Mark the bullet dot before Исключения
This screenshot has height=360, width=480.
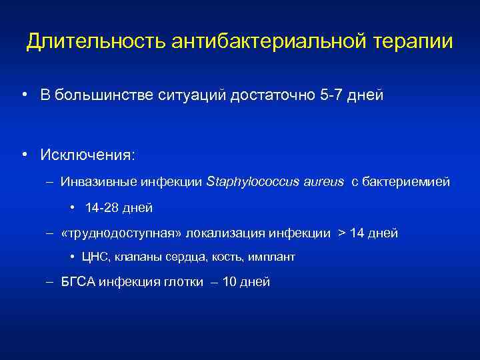(x=25, y=155)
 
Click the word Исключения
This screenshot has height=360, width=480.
(x=87, y=155)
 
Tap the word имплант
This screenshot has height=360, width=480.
(x=273, y=257)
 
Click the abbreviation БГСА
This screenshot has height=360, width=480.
(x=78, y=282)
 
